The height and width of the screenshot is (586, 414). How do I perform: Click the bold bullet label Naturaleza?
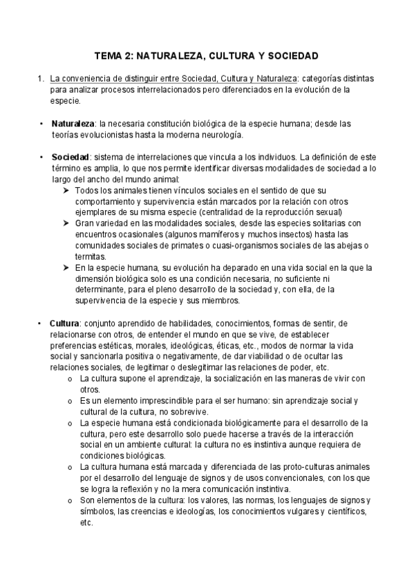73,123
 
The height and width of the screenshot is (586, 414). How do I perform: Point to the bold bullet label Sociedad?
70,157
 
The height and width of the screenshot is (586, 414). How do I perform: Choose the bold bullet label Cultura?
64,323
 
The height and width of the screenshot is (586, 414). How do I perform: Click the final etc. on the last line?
86,522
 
